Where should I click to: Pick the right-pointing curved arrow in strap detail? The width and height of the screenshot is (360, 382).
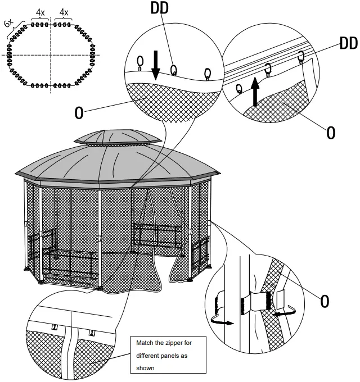[221, 321]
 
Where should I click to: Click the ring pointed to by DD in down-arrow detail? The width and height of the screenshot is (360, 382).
[174, 70]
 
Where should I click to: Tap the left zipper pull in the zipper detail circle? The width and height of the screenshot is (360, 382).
[55, 327]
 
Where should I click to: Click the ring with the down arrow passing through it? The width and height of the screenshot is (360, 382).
[141, 61]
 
